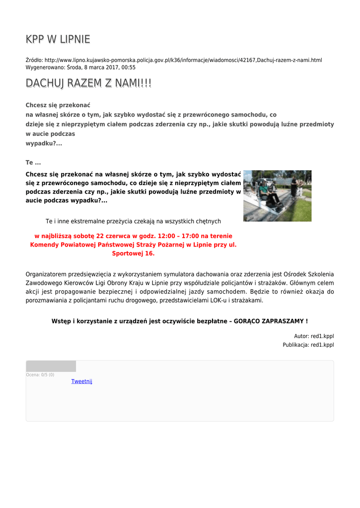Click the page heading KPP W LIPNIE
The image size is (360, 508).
point(58,40)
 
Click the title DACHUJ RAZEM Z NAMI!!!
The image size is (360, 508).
point(88,84)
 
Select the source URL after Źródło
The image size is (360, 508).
point(183,60)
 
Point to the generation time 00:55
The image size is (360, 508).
point(129,67)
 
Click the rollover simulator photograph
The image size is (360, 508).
point(277,195)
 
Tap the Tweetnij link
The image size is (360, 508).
point(82,381)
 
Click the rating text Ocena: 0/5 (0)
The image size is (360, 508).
point(40,375)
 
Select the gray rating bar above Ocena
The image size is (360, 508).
point(51,366)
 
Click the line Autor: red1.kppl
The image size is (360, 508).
point(314,336)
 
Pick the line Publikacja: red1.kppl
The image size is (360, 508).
point(308,345)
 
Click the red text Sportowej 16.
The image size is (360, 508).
point(133,253)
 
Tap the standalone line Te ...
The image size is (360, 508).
point(33,162)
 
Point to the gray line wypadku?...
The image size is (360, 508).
point(44,143)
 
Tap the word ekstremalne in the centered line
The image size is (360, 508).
point(95,221)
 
